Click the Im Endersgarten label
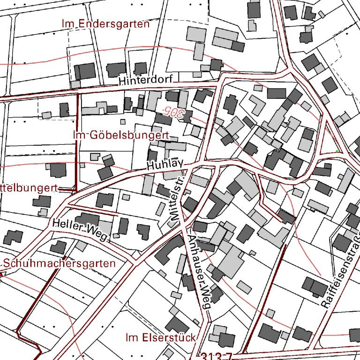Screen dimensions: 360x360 click(105, 23)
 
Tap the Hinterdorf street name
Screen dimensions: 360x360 click(146, 81)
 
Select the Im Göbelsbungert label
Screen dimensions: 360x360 click(121, 135)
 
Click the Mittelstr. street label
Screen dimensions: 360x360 click(179, 197)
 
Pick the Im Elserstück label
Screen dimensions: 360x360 click(160, 337)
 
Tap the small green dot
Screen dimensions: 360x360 click(337, 151)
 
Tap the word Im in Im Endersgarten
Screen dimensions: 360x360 click(68, 23)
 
